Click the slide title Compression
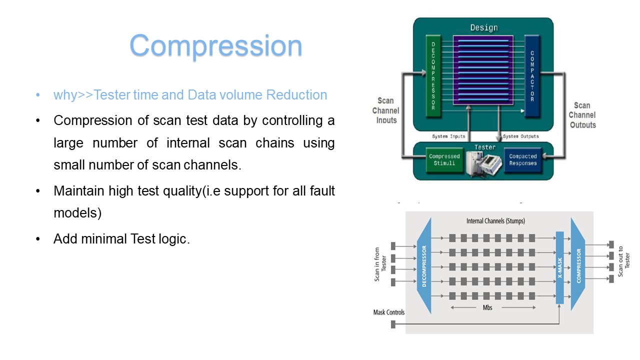tap(215, 45)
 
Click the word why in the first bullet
tap(65, 95)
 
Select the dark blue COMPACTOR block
tap(532, 76)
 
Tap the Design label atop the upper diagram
tap(483, 27)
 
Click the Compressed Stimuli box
tap(444, 160)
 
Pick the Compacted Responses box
tap(522, 160)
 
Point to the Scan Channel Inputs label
tap(386, 110)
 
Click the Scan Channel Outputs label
tap(582, 115)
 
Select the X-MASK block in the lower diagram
tap(559, 267)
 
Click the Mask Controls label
tap(389, 312)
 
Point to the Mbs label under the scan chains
tap(487, 307)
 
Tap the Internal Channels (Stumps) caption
tap(495, 220)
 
